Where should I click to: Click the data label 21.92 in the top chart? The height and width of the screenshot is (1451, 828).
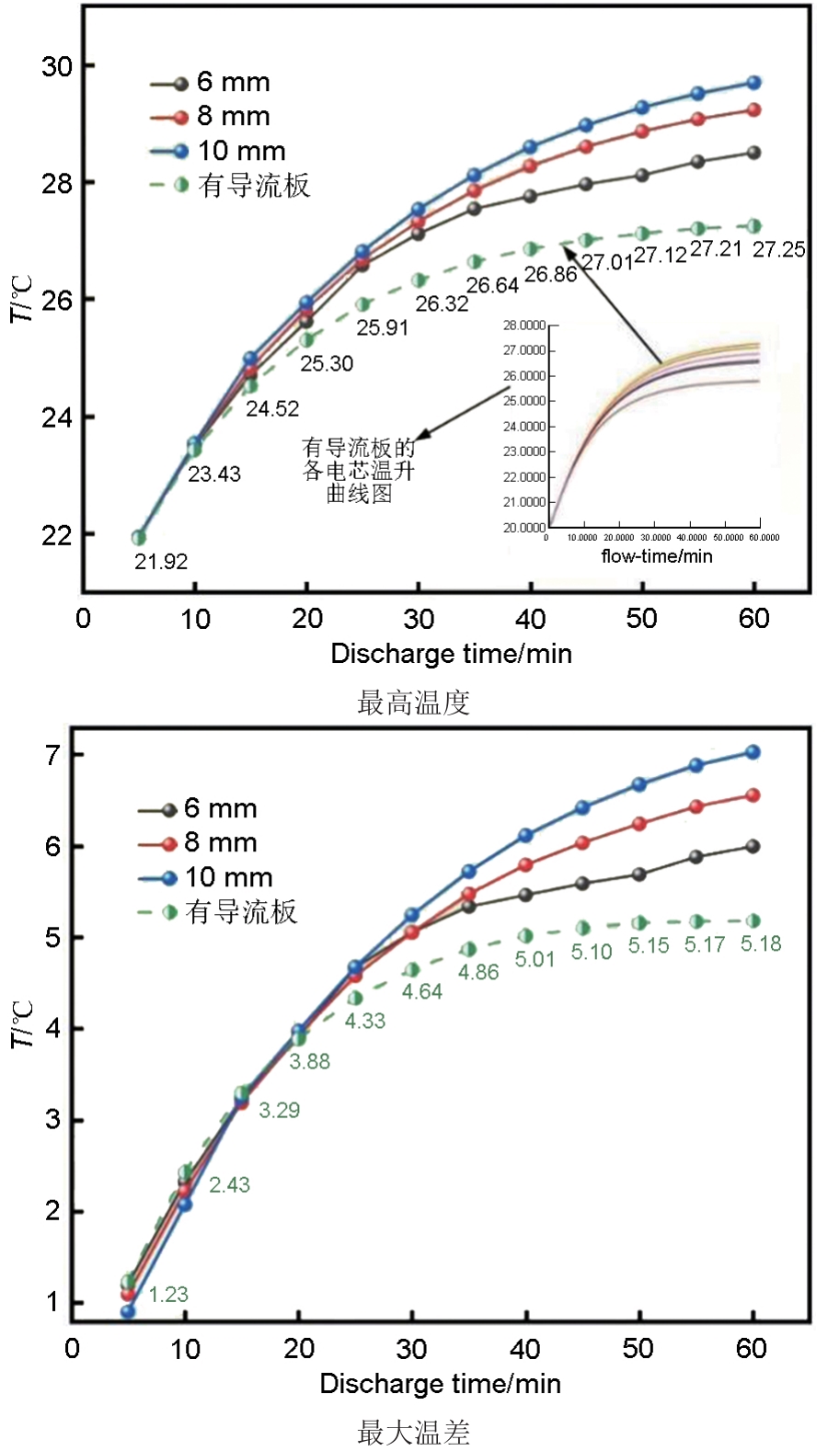(x=161, y=562)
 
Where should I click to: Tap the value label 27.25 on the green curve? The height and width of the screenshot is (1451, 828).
(x=778, y=249)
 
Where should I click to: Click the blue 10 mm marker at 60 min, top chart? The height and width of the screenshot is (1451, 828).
(x=753, y=83)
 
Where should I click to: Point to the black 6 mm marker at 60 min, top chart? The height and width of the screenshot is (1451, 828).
(x=753, y=153)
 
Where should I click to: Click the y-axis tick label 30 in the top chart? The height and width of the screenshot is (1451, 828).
(x=56, y=66)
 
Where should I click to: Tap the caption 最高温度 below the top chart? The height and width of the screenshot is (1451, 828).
(x=413, y=703)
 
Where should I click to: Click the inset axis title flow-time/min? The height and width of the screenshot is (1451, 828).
(x=656, y=556)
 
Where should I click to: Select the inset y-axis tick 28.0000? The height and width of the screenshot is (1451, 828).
(x=524, y=326)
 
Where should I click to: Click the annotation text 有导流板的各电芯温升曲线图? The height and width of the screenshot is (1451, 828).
(x=359, y=471)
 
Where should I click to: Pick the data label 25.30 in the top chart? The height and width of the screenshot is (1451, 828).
(x=327, y=364)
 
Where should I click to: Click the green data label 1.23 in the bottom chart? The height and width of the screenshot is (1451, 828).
(x=168, y=1295)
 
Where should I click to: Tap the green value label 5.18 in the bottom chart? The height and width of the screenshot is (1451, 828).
(x=761, y=944)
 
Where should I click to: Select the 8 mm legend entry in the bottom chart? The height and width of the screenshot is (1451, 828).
(x=220, y=842)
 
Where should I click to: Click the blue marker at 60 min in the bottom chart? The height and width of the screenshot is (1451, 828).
(x=752, y=752)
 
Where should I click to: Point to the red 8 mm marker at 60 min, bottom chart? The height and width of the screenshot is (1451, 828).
(x=752, y=795)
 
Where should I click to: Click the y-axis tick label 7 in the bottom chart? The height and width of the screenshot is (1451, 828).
(x=53, y=755)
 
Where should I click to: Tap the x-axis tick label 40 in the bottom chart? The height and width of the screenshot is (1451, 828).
(x=524, y=1349)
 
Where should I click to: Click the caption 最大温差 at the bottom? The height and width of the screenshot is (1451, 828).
(x=413, y=1432)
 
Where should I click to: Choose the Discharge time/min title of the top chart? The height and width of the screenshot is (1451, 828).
(x=451, y=654)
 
